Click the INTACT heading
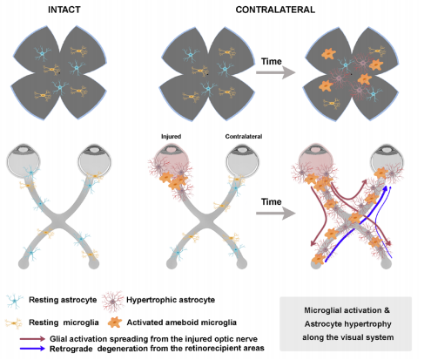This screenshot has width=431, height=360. tap(64, 10)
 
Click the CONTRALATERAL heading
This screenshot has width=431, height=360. tap(275, 10)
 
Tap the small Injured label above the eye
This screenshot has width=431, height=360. tap(171, 136)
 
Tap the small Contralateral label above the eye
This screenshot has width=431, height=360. tap(244, 136)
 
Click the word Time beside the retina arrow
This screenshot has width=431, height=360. tap(271, 62)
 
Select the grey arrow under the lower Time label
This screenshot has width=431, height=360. tap(276, 214)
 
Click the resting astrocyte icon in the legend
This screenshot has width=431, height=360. tap(15, 301)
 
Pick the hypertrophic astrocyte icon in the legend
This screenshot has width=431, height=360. tap(112, 301)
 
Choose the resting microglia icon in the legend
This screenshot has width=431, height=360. tap(14, 323)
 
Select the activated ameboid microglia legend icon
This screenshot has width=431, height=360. tap(115, 323)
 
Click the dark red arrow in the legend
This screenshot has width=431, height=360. tap(32, 339)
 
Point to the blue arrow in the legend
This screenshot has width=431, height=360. tap(32, 349)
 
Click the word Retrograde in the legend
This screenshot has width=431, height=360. tap(71, 349)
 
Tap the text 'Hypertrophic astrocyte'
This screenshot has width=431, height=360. tap(171, 300)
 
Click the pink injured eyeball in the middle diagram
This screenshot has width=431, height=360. tap(172, 160)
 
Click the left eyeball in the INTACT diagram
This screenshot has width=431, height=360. tap(24, 160)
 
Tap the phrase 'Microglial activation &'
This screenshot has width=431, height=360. tap(347, 310)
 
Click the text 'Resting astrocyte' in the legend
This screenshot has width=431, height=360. tap(63, 300)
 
